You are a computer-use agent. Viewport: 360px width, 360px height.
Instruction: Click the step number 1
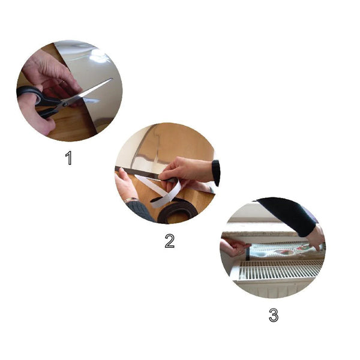(x=68, y=158)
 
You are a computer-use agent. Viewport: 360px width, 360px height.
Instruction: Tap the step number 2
(x=170, y=241)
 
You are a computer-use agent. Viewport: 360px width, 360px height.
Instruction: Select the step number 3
(x=274, y=315)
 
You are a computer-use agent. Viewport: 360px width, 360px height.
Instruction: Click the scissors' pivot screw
(x=65, y=104)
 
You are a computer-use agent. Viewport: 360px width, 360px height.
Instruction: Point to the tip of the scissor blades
(x=112, y=79)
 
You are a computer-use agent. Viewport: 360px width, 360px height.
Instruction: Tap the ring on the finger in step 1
(x=62, y=82)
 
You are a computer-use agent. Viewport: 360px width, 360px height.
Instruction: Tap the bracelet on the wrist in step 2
(x=130, y=199)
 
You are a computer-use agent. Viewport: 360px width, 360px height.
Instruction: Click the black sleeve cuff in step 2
(x=216, y=172)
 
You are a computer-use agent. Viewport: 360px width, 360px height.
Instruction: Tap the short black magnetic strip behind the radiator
(x=247, y=253)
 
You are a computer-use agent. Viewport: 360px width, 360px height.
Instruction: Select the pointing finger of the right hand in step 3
(x=316, y=246)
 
